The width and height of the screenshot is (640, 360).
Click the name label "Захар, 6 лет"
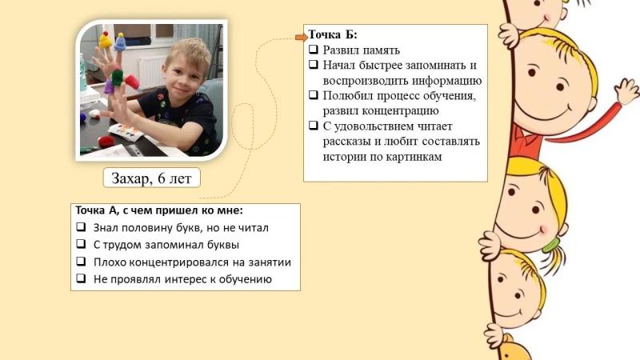click(x=151, y=178)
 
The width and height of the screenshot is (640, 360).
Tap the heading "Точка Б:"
click(x=333, y=34)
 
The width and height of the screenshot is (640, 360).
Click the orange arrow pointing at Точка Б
click(x=302, y=38)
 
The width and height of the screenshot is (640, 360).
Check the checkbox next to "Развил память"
click(x=314, y=50)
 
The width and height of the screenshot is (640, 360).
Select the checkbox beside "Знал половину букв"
click(x=81, y=226)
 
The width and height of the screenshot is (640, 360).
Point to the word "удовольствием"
click(x=374, y=126)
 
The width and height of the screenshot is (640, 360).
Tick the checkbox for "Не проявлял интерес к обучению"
click(x=81, y=278)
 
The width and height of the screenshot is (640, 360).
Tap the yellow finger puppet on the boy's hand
click(x=106, y=40)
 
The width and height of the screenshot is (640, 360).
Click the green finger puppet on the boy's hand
click(x=117, y=77)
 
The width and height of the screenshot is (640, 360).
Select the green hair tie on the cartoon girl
click(x=550, y=245)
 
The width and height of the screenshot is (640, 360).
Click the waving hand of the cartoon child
click(x=626, y=90)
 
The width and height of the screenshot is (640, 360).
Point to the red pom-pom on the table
click(x=106, y=142)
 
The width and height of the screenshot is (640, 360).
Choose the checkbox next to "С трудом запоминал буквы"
click(x=81, y=244)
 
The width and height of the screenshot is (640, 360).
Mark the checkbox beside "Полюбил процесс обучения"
click(x=314, y=94)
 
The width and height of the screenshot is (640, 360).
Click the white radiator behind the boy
click(x=151, y=71)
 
